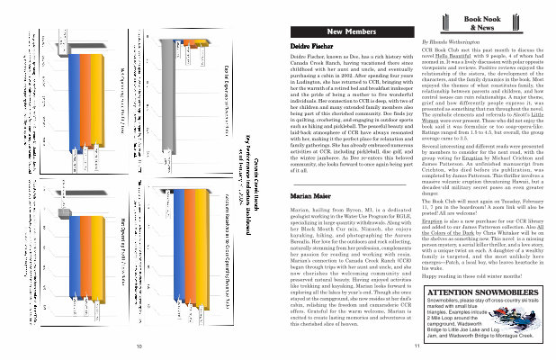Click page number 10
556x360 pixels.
coord(139,346)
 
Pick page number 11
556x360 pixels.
coord(417,346)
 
